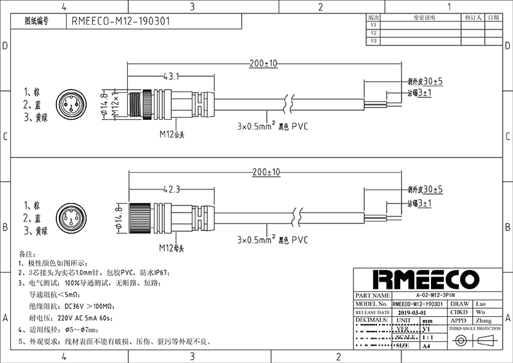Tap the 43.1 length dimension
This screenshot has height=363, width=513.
click(171, 76)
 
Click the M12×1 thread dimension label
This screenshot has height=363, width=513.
click(115, 104)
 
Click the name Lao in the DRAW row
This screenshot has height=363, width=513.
click(478, 303)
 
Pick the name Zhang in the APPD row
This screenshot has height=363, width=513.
click(482, 320)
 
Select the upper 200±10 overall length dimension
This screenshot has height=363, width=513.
click(263, 63)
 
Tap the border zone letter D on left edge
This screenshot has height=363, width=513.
click(5, 46)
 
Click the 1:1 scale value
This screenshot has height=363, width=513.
click(427, 337)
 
